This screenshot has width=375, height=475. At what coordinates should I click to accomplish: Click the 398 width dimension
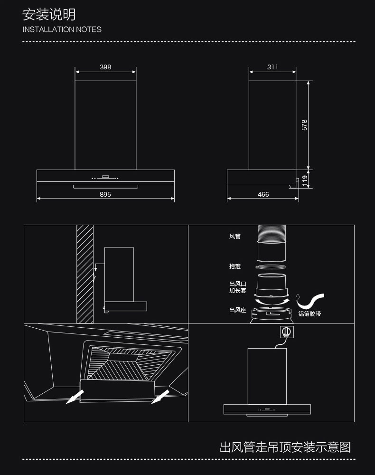(105, 67)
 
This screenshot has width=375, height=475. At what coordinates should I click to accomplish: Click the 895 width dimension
(105, 194)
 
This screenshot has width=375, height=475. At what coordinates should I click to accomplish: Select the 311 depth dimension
(272, 67)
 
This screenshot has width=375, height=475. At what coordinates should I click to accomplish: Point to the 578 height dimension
(305, 124)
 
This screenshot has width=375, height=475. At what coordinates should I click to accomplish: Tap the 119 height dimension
(305, 180)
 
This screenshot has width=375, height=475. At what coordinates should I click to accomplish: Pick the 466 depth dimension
(263, 194)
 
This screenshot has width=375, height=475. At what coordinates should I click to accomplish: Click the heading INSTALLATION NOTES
(62, 29)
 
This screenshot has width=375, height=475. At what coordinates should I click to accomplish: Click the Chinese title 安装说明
(49, 14)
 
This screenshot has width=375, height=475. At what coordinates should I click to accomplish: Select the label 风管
(234, 236)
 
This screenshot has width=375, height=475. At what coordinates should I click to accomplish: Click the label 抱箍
(234, 266)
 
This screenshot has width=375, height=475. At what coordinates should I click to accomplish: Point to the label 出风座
(237, 310)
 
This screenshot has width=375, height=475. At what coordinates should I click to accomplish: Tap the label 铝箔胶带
(309, 314)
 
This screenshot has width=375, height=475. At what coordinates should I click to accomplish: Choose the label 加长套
(237, 291)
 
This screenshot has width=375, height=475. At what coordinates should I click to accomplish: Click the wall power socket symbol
(285, 331)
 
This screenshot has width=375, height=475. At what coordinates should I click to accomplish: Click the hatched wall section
(85, 273)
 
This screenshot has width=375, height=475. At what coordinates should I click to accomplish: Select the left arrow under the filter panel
(75, 396)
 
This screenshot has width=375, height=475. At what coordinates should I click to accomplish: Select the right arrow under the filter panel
(159, 396)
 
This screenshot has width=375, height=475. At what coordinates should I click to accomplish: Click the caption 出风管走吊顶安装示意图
(285, 447)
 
